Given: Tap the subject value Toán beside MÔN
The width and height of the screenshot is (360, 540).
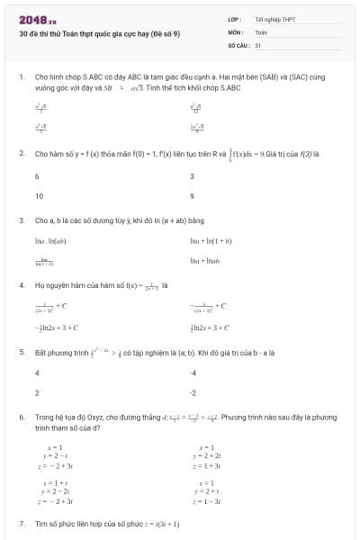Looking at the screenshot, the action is [261, 31].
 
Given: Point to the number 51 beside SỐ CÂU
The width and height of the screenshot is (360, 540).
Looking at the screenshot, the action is [258, 44].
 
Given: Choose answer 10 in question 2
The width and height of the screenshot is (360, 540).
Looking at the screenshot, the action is [39, 195].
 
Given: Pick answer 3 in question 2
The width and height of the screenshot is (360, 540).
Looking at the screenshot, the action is [192, 176].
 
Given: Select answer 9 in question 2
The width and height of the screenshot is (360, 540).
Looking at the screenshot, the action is [192, 195].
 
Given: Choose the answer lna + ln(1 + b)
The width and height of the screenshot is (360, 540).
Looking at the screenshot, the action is [211, 241].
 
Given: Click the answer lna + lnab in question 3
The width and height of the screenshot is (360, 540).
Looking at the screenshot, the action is [208, 261].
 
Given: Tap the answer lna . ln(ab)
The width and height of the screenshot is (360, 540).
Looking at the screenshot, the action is [50, 241].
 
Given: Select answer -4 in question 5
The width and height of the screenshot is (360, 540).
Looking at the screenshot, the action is [193, 372].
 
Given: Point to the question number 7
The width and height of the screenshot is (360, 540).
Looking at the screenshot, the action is [21, 524].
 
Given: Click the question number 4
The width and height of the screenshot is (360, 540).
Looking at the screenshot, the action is [21, 285].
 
